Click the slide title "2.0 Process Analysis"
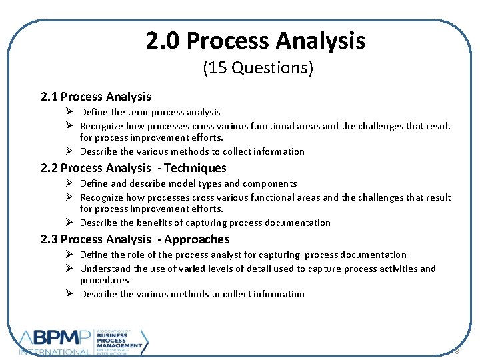256,41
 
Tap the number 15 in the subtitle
217,68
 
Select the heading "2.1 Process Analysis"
96,97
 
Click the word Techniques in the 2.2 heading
195,169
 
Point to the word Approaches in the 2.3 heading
198,240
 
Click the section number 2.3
49,240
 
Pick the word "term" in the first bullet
138,113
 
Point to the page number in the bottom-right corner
457,351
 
